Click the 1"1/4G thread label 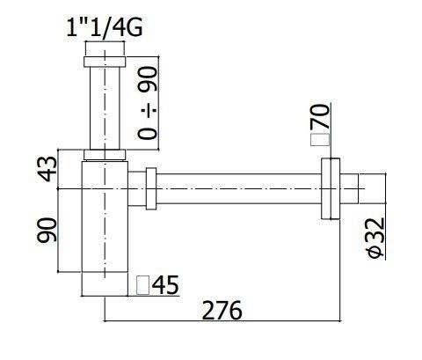tap(105, 27)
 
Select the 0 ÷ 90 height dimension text tap(148, 102)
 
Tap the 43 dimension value tap(48, 169)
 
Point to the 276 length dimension tap(222, 310)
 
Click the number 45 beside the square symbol tap(165, 285)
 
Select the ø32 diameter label tap(375, 238)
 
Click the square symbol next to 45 tap(143, 285)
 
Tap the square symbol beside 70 tap(320, 139)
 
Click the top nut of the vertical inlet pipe tap(105, 62)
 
